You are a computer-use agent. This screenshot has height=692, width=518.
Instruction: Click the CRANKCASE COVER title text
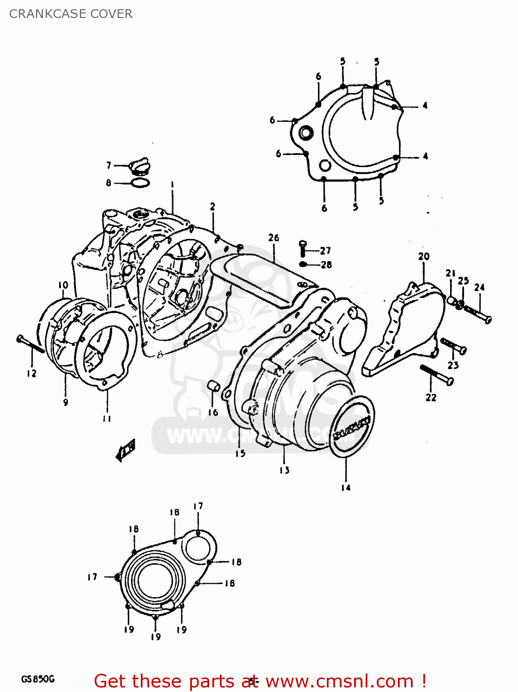click(71, 14)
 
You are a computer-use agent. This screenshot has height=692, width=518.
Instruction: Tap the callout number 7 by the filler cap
click(108, 165)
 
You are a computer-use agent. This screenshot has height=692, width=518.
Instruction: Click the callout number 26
click(273, 238)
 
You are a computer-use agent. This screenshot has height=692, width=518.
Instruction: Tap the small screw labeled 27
click(303, 248)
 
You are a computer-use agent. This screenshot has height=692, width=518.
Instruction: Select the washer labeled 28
click(303, 264)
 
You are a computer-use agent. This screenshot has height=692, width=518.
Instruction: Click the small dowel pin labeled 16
click(212, 386)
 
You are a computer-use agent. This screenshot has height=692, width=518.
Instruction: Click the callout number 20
click(424, 256)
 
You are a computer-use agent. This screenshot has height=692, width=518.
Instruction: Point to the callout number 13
click(284, 470)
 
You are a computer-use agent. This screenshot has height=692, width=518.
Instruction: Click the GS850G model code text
click(37, 679)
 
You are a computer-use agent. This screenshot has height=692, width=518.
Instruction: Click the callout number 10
click(63, 285)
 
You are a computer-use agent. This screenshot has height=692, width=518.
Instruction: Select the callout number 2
click(212, 207)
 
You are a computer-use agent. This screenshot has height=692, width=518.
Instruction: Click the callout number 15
click(240, 453)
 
